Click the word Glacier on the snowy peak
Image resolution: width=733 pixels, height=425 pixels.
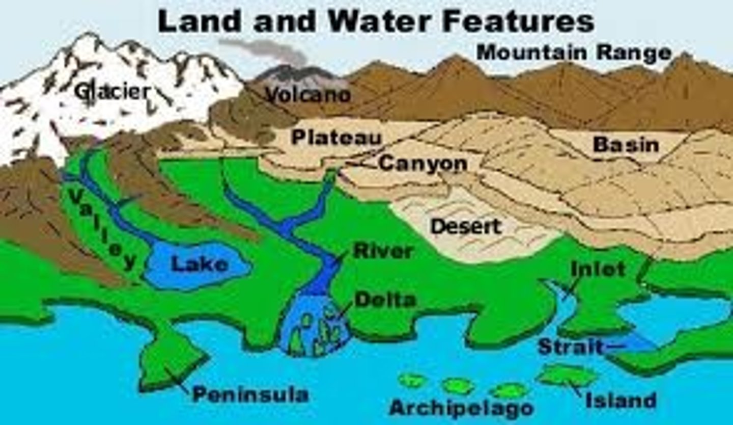[x=112, y=92]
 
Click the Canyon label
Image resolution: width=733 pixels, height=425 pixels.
[x=422, y=164]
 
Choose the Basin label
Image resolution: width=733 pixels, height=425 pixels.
[x=626, y=145]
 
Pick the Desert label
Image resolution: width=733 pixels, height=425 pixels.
[x=466, y=226]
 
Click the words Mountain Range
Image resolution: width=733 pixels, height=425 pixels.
[x=574, y=52]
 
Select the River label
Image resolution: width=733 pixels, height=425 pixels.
[x=383, y=251]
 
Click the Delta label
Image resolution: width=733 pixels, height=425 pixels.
[x=385, y=300]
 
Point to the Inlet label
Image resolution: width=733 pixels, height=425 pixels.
[x=598, y=269]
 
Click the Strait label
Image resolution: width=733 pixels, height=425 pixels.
[x=571, y=347]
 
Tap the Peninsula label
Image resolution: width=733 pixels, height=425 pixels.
[x=250, y=394]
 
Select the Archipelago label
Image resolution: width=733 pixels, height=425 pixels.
[x=461, y=408]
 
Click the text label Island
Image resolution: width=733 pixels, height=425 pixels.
[x=620, y=401]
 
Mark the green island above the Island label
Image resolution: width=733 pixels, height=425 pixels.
[x=568, y=376]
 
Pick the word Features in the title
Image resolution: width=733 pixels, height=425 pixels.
[x=519, y=22]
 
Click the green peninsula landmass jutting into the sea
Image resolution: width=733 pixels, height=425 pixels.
[x=171, y=357]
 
